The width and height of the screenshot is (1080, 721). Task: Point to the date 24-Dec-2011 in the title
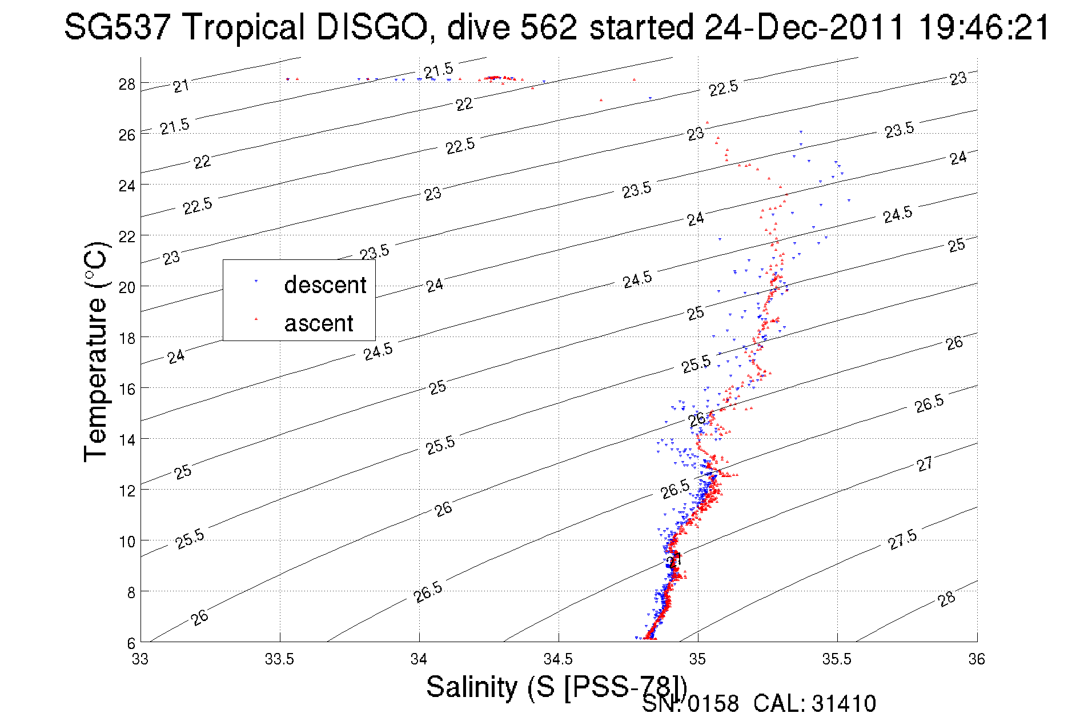click(805, 27)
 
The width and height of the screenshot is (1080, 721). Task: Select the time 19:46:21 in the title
click(984, 27)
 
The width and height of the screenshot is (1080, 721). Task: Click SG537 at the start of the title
click(117, 27)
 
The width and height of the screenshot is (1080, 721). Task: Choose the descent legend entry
click(324, 285)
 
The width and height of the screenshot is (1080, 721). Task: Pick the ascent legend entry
click(319, 323)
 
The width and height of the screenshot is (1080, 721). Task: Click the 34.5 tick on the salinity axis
click(558, 659)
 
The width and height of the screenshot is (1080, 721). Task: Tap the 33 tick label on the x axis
click(140, 659)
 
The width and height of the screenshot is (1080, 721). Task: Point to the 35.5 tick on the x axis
click(837, 659)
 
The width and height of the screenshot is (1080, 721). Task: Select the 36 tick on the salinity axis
click(977, 659)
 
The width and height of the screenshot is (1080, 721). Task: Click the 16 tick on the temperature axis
click(127, 389)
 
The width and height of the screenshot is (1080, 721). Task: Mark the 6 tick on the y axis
click(131, 643)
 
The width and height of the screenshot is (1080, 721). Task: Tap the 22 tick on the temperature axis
click(127, 237)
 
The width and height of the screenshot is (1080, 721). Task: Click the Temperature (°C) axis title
click(95, 351)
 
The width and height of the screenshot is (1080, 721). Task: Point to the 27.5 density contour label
click(902, 539)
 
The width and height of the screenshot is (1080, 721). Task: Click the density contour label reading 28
click(946, 599)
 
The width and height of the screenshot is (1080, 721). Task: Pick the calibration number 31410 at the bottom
click(844, 704)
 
